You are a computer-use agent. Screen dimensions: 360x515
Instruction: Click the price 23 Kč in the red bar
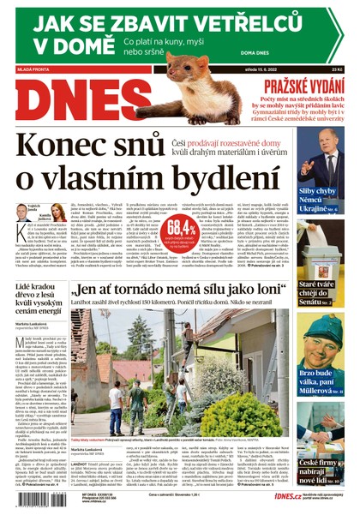click(x=347, y=70)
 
